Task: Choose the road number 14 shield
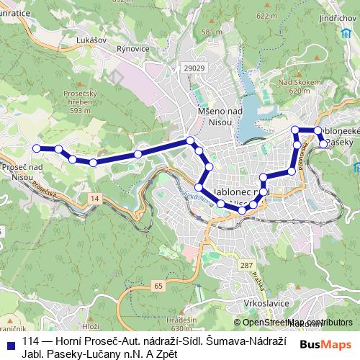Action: coord(96,197)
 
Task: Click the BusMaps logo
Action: coord(326,345)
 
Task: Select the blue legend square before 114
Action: coord(10,342)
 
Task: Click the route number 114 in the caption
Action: coord(30,341)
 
